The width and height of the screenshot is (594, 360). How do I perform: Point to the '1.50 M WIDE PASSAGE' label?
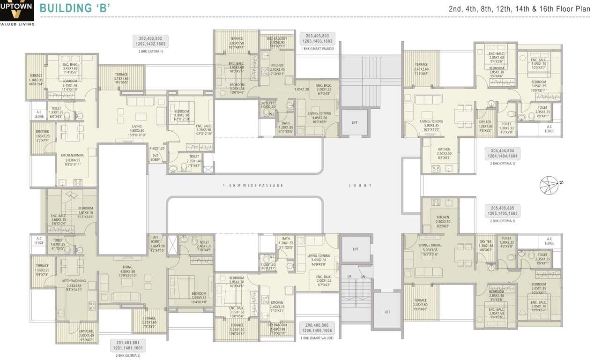click(253, 186)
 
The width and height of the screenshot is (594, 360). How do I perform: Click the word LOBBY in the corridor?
click(360, 186)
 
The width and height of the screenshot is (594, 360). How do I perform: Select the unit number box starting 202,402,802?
click(149, 41)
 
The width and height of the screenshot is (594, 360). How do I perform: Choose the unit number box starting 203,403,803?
click(317, 38)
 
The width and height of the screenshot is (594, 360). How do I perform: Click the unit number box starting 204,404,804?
click(501, 154)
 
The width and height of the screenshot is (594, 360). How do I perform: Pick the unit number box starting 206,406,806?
click(317, 328)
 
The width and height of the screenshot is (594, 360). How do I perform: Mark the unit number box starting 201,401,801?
click(126, 346)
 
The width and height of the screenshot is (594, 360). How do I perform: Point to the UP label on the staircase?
click(349, 277)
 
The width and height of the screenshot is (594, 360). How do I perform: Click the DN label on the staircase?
click(362, 277)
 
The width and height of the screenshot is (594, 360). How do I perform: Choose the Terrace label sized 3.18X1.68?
click(121, 77)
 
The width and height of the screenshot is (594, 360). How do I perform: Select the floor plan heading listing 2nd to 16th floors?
click(519, 8)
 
